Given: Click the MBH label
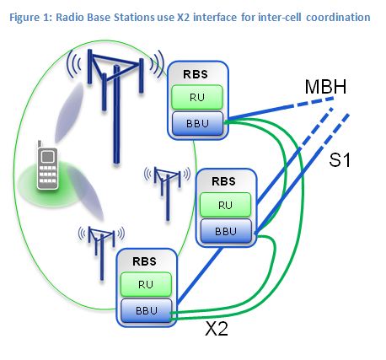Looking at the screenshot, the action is point(325,87).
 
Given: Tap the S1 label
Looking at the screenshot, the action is point(340,160).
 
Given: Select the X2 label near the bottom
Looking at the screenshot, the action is point(217,328).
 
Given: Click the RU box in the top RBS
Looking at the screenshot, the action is point(197,97).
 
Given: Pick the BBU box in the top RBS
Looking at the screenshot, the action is point(197,123).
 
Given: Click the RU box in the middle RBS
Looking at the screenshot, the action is point(225,205).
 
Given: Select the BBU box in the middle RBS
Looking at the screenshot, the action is point(226,231).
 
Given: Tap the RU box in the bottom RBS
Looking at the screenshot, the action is point(146,284).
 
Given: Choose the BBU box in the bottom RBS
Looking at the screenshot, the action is point(147,310).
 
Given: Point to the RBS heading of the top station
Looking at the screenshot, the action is point(196,74).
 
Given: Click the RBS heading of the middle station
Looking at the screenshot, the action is point(223,181).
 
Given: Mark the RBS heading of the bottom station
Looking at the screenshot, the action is point(144,261).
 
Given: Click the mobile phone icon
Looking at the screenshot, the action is point(47,165).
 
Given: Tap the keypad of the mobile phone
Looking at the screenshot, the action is point(47,175).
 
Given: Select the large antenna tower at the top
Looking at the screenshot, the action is point(115,106).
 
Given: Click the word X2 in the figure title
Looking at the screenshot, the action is point(184,18).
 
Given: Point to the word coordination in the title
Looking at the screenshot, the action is point(338,18).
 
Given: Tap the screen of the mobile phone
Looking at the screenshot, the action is point(47,157).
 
